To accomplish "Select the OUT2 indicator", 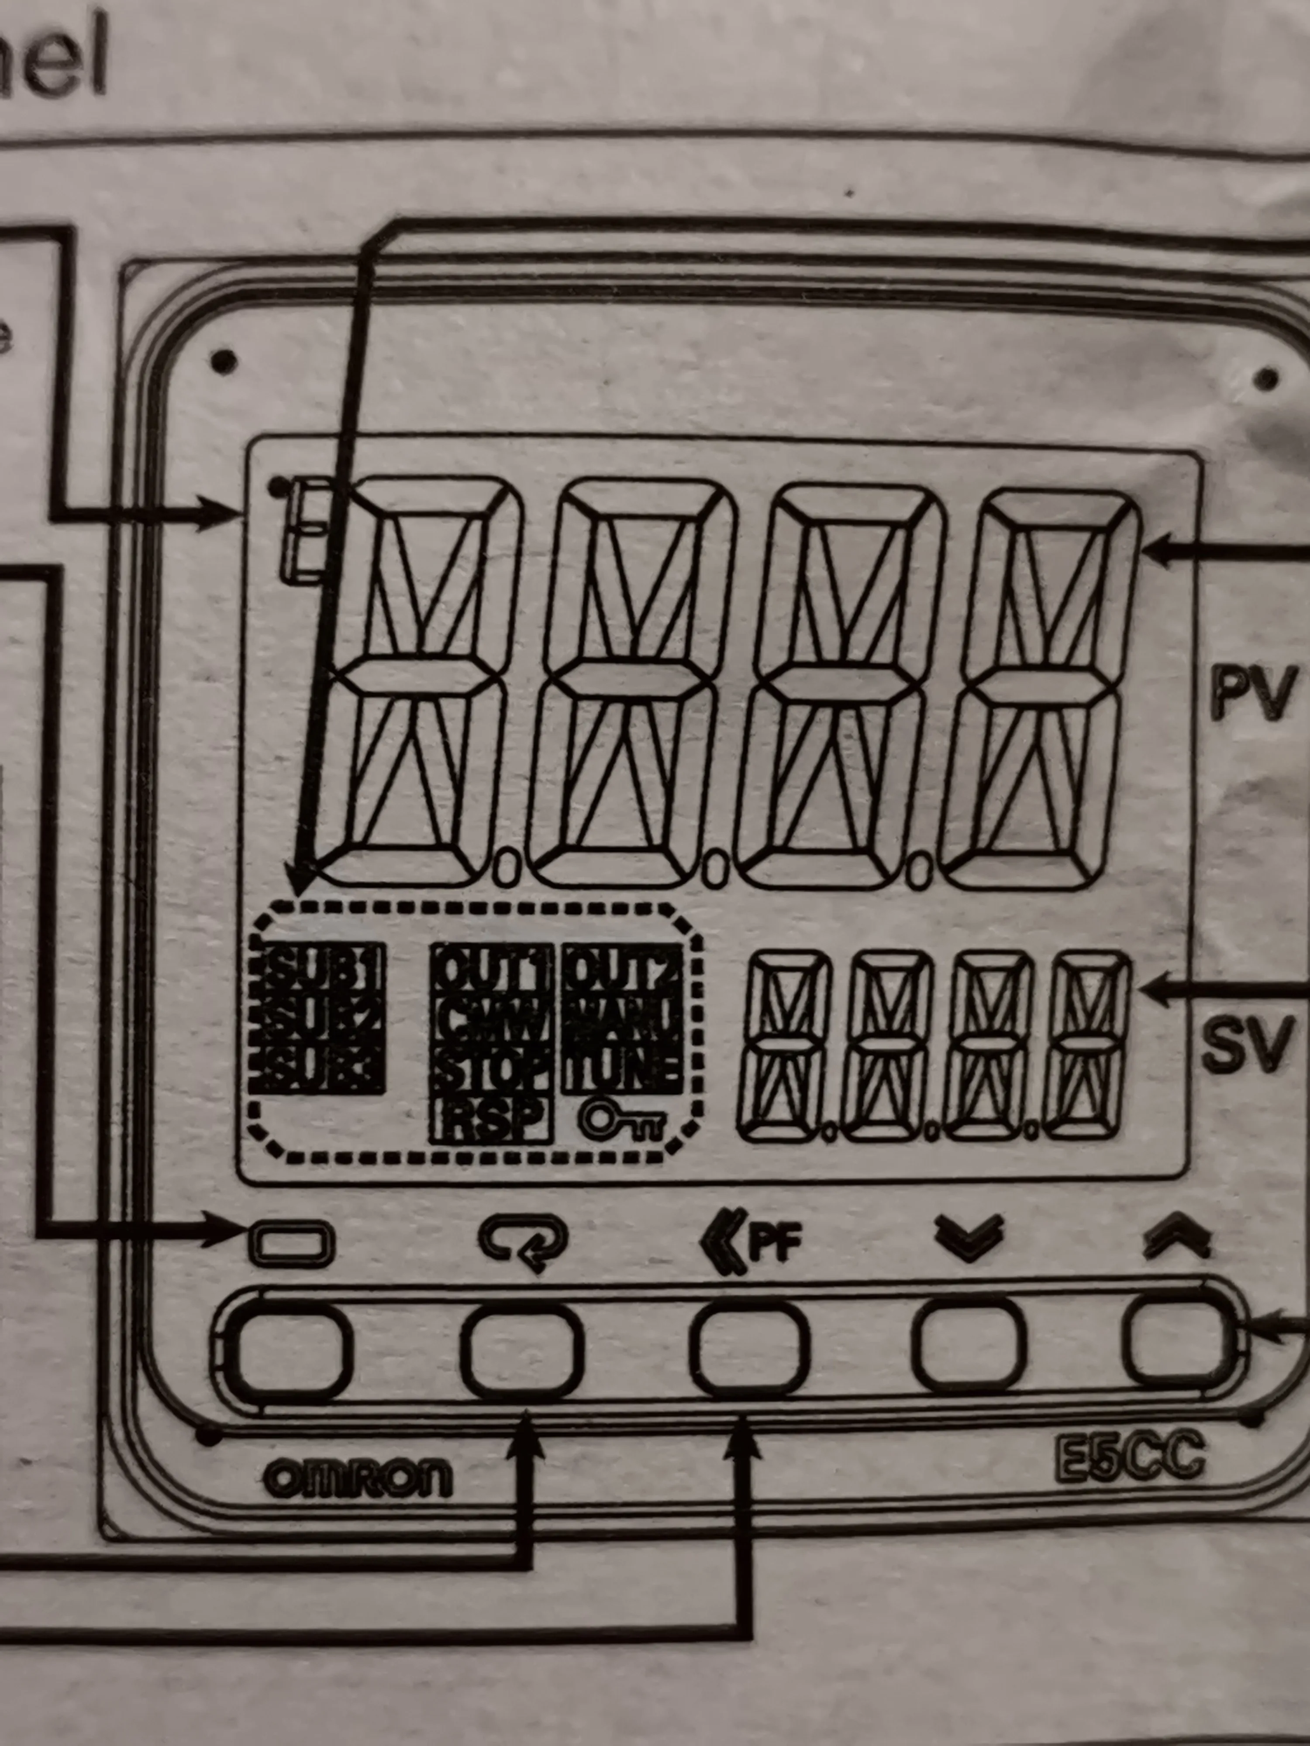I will click(x=622, y=970).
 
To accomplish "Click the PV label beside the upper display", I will click(x=1253, y=692).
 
